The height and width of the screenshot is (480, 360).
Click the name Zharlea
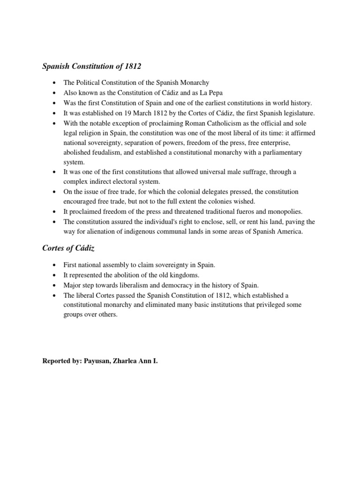click(x=125, y=361)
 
